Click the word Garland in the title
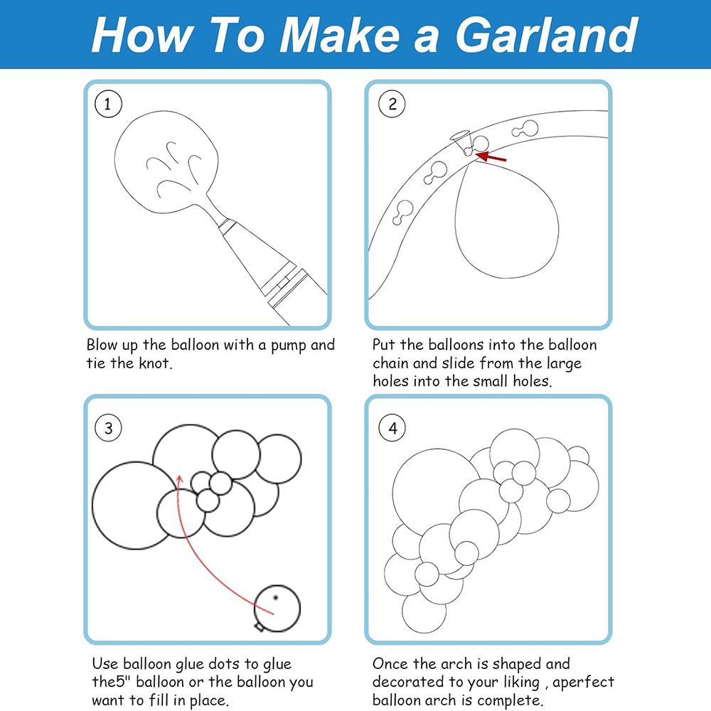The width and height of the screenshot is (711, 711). point(547,34)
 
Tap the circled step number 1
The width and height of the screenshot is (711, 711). point(108,104)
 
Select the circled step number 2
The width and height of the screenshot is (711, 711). point(392,104)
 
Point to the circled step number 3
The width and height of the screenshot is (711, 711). point(108,427)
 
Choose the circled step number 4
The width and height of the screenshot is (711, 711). point(392,427)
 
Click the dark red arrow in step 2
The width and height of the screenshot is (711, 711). point(491,157)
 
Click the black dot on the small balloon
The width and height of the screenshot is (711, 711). point(275,598)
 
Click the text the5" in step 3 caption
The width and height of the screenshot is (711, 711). point(112,682)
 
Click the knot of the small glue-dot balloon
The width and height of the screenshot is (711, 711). point(260,626)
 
